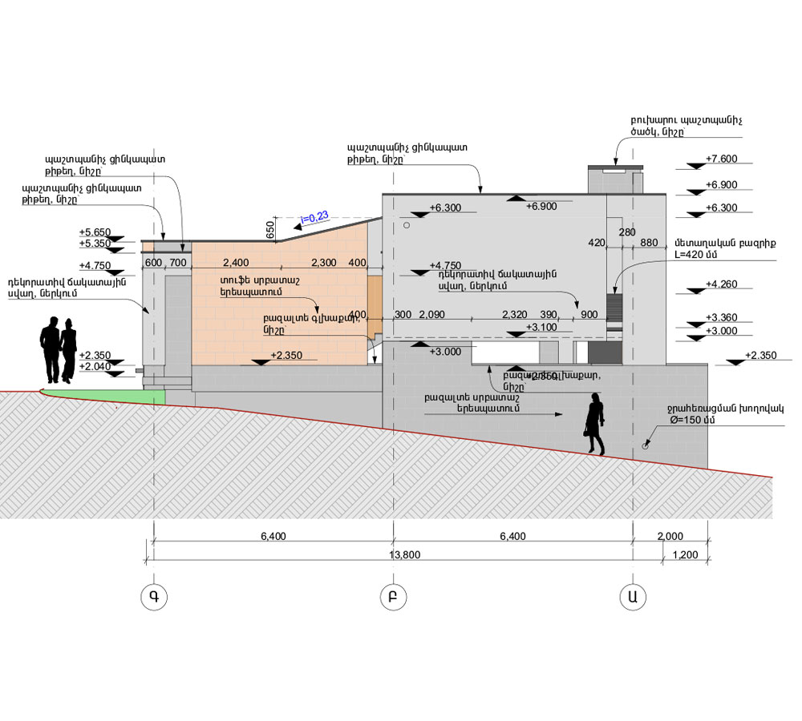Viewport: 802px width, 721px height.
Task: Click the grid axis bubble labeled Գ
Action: (152, 597)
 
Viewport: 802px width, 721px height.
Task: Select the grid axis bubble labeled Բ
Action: (393, 597)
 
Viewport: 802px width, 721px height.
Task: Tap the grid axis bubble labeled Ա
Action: (633, 597)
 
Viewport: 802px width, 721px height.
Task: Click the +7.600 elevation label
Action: (721, 159)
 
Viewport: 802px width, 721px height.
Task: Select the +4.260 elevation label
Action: (721, 284)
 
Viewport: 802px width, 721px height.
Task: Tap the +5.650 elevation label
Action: (95, 232)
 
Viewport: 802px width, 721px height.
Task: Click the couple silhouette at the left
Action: (59, 350)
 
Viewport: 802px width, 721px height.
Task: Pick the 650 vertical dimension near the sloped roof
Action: (270, 231)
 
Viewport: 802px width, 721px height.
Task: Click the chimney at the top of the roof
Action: (616, 178)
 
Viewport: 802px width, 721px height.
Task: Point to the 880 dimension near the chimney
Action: (650, 242)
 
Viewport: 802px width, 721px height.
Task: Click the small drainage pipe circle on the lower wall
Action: (646, 447)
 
